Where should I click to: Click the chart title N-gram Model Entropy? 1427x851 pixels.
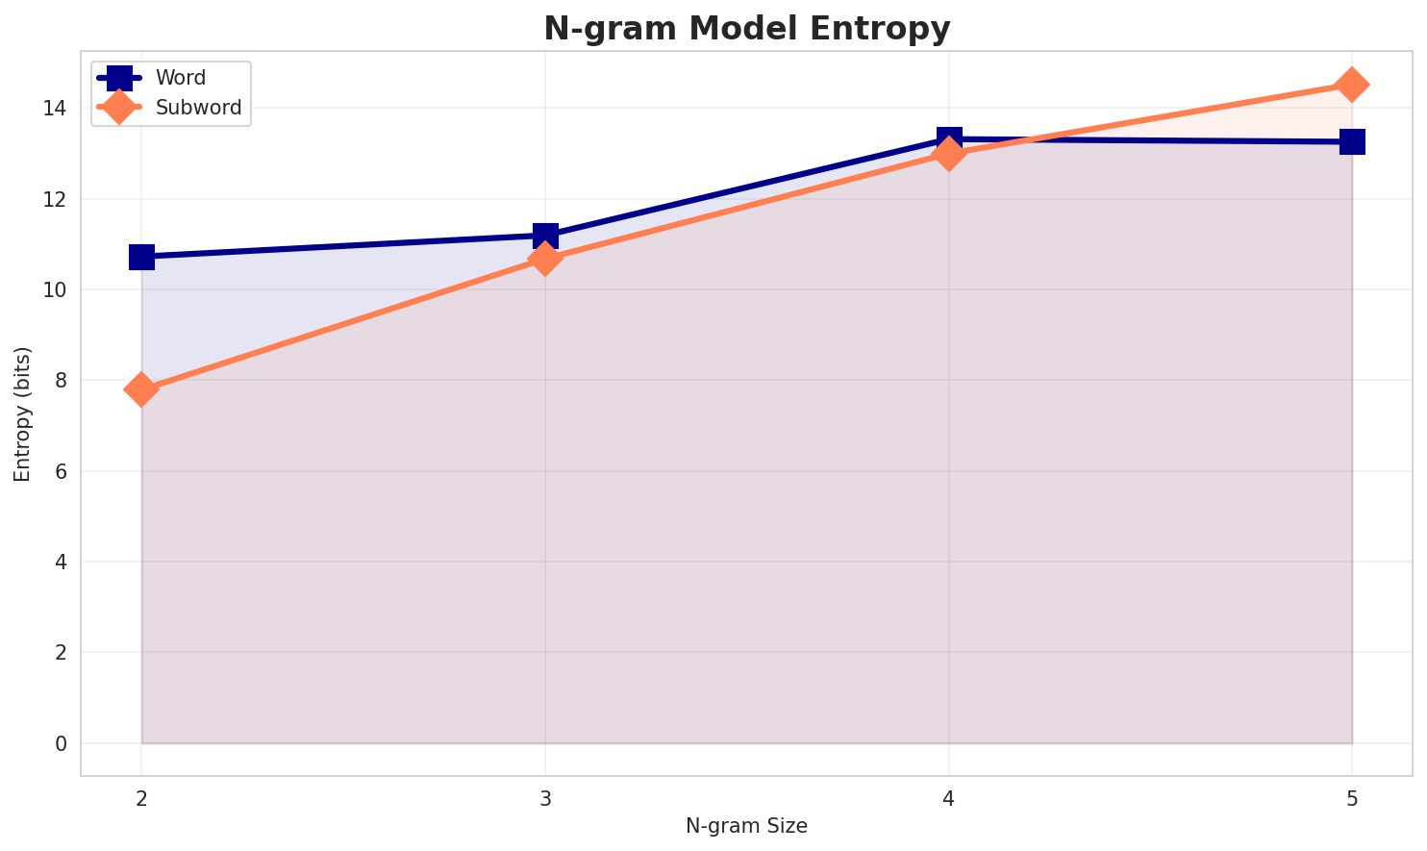click(x=746, y=29)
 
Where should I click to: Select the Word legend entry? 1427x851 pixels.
click(x=180, y=78)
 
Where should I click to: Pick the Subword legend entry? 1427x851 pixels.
click(x=198, y=107)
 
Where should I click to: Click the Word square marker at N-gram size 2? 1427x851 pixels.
click(x=141, y=257)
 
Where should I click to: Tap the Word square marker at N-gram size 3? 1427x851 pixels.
click(x=545, y=235)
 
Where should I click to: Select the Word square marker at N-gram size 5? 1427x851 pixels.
click(x=1352, y=141)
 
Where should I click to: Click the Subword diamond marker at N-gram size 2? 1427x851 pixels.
click(x=141, y=389)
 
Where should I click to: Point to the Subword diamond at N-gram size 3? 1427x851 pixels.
click(x=545, y=259)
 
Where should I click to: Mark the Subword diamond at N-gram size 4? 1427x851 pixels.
click(x=949, y=154)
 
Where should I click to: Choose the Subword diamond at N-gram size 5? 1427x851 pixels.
click(x=1352, y=85)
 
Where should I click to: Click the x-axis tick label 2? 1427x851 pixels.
click(x=141, y=798)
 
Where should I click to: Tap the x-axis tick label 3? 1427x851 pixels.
click(x=545, y=798)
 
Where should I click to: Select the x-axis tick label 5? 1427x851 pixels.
click(x=1352, y=798)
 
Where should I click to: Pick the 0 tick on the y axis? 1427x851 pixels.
click(x=61, y=743)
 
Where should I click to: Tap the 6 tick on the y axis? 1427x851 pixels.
click(x=61, y=471)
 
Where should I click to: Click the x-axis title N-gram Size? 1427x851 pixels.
click(x=746, y=826)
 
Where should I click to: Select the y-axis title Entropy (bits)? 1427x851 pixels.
click(x=22, y=413)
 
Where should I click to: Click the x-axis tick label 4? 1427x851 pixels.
click(x=949, y=798)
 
